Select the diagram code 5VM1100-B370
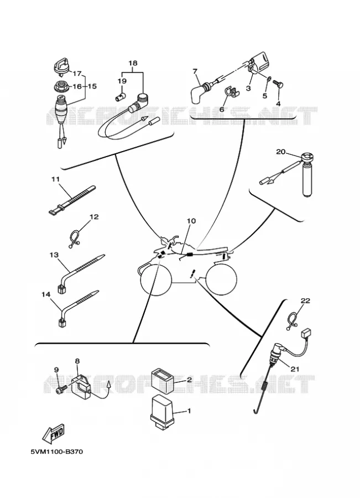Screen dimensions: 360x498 [57, 452]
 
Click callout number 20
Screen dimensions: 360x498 [280, 152]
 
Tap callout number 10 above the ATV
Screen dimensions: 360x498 [191, 221]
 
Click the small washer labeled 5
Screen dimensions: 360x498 [269, 79]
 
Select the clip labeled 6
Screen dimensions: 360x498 [232, 92]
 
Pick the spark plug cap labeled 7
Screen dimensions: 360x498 [201, 91]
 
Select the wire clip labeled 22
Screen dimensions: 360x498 [292, 321]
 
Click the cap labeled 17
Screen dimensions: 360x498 [61, 66]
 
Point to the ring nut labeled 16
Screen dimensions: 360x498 [60, 86]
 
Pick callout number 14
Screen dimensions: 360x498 [46, 294]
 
